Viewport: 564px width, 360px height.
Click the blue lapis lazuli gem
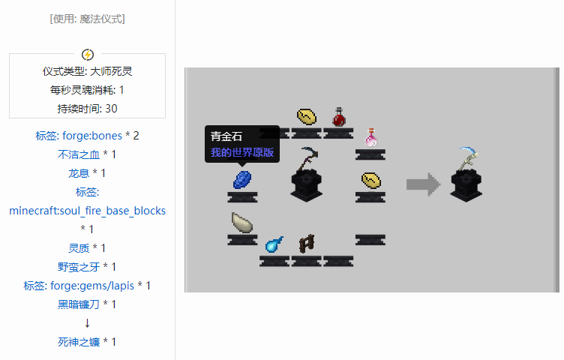[243, 178]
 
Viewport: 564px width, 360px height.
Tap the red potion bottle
[339, 117]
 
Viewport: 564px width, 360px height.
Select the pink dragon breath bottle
[370, 136]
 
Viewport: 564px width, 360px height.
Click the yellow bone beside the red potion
[307, 117]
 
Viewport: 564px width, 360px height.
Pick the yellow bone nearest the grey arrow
[370, 181]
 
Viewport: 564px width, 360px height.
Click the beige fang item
[242, 223]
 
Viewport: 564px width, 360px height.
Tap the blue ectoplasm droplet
[274, 244]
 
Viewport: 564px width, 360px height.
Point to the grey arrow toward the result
[423, 184]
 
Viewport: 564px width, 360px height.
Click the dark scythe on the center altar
[307, 161]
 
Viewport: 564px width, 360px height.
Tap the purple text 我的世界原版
[241, 152]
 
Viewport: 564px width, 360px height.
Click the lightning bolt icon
[88, 54]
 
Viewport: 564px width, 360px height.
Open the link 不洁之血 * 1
[87, 154]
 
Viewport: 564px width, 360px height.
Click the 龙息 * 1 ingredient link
[87, 173]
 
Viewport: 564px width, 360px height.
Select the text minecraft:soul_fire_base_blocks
[87, 211]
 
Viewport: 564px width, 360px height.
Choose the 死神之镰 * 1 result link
[87, 342]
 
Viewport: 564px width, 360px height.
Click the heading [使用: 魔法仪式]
[87, 19]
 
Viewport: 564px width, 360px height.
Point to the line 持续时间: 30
[87, 108]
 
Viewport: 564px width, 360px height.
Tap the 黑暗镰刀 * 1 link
[87, 304]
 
